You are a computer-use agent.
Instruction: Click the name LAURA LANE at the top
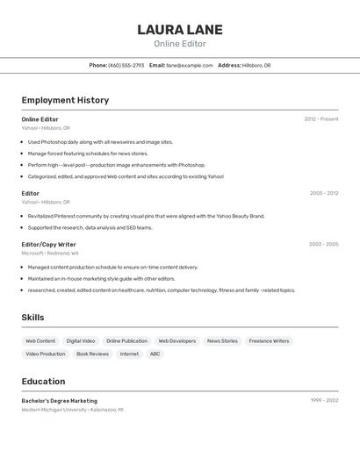180,30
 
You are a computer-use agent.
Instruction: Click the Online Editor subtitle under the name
180,44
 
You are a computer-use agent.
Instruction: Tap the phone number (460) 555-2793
126,65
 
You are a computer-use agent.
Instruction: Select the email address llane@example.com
190,65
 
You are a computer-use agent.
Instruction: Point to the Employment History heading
65,100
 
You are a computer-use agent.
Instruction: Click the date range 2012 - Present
320,119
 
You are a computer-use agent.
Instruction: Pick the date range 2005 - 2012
323,193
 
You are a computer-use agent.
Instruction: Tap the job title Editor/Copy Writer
48,245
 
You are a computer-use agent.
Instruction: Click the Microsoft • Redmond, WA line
50,253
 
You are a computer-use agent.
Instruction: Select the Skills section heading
32,318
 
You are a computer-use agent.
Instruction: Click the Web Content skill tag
40,340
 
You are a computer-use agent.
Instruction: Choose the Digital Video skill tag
81,340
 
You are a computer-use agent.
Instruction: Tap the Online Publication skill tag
126,340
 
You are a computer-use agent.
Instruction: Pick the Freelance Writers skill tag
269,340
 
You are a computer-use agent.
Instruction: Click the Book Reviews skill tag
92,354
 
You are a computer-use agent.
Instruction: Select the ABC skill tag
155,354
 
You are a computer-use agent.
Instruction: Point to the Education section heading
43,382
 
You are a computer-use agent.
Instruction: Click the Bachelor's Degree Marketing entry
60,401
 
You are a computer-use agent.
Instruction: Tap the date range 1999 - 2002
324,400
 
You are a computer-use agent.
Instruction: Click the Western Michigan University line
72,409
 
